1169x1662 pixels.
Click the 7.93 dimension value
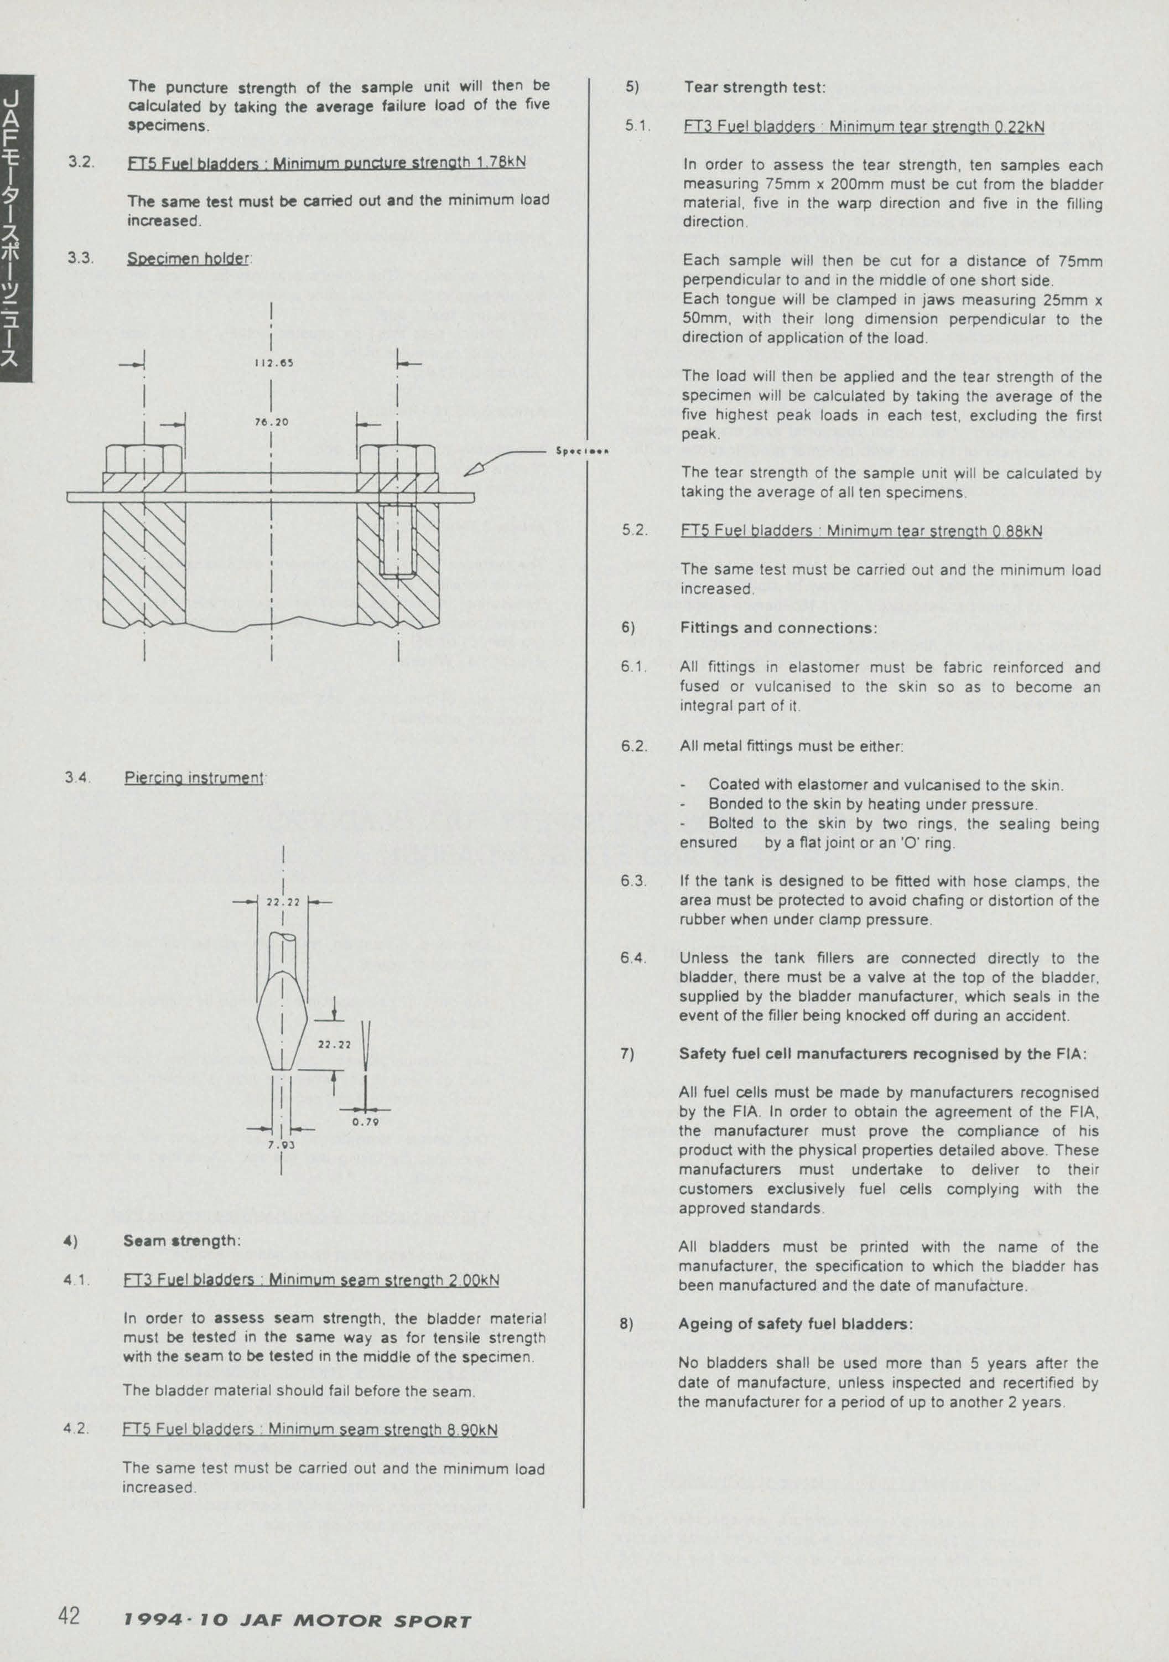point(282,1145)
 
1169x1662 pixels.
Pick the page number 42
point(69,1615)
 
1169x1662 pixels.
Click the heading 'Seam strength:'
point(181,1241)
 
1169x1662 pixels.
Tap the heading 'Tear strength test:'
point(755,87)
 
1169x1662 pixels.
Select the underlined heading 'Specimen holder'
point(189,258)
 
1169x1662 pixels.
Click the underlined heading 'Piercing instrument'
point(194,778)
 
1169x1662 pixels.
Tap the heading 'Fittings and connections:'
point(778,628)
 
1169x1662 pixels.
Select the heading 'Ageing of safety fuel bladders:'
point(796,1324)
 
